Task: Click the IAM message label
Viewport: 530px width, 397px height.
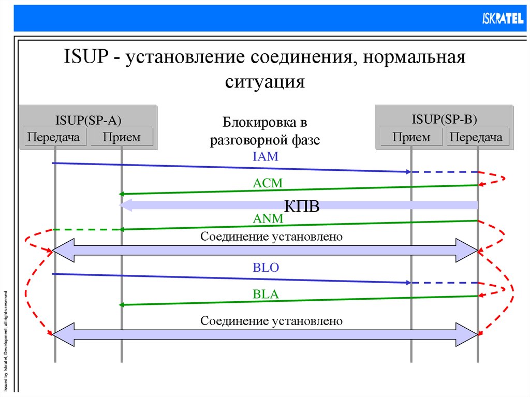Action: pos(266,156)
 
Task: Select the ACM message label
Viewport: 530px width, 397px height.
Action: pos(268,183)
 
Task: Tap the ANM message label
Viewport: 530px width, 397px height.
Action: pos(268,219)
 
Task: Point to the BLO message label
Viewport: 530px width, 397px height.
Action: pos(266,268)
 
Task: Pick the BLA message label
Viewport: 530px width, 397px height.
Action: pos(266,295)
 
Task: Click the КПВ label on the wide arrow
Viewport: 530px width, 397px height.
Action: pos(302,205)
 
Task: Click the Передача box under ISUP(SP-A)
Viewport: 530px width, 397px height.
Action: pos(53,137)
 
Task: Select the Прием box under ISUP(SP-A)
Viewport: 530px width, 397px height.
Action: pos(121,137)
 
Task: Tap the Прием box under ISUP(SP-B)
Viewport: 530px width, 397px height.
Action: pos(411,137)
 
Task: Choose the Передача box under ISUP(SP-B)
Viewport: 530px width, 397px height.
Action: pos(476,137)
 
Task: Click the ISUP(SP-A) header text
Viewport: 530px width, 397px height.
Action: pos(89,121)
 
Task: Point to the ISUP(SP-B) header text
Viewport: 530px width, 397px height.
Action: pos(444,120)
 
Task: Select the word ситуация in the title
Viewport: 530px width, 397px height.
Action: pos(265,81)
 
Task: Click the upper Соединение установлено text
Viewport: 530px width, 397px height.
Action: pos(272,237)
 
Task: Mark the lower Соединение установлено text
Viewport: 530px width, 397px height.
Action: pos(272,321)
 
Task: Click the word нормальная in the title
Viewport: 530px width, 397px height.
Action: pos(414,56)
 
